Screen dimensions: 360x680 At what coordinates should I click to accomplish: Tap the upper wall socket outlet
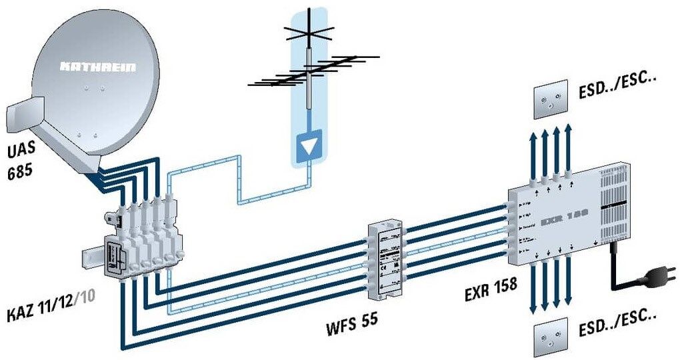[x=551, y=101]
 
